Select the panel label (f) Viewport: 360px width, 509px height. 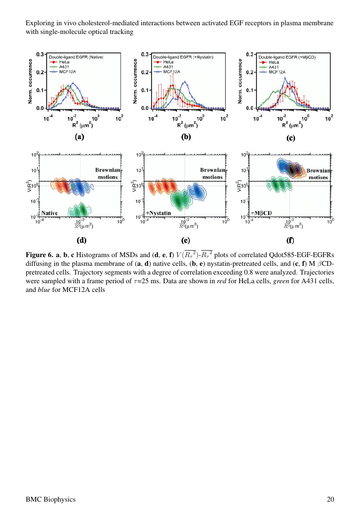(x=290, y=240)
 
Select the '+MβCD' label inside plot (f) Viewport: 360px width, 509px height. (x=262, y=213)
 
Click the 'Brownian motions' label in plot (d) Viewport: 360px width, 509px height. (x=107, y=174)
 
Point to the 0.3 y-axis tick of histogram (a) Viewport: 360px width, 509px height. (x=40, y=54)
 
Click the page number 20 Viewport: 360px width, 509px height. (x=330, y=499)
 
